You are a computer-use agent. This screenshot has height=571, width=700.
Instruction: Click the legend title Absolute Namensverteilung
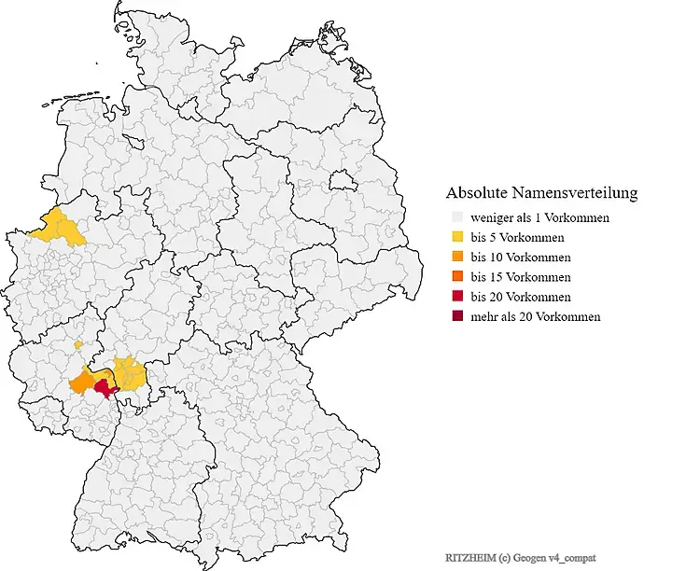541,193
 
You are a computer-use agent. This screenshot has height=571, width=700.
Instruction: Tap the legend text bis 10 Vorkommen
521,258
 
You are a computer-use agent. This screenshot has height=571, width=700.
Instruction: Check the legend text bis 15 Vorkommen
521,277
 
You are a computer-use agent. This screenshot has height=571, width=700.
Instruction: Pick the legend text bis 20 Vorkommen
521,297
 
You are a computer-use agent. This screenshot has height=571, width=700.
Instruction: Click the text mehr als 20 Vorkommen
536,317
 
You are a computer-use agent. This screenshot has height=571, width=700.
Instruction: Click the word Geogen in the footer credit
527,556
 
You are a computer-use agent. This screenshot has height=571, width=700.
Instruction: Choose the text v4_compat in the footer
569,556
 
